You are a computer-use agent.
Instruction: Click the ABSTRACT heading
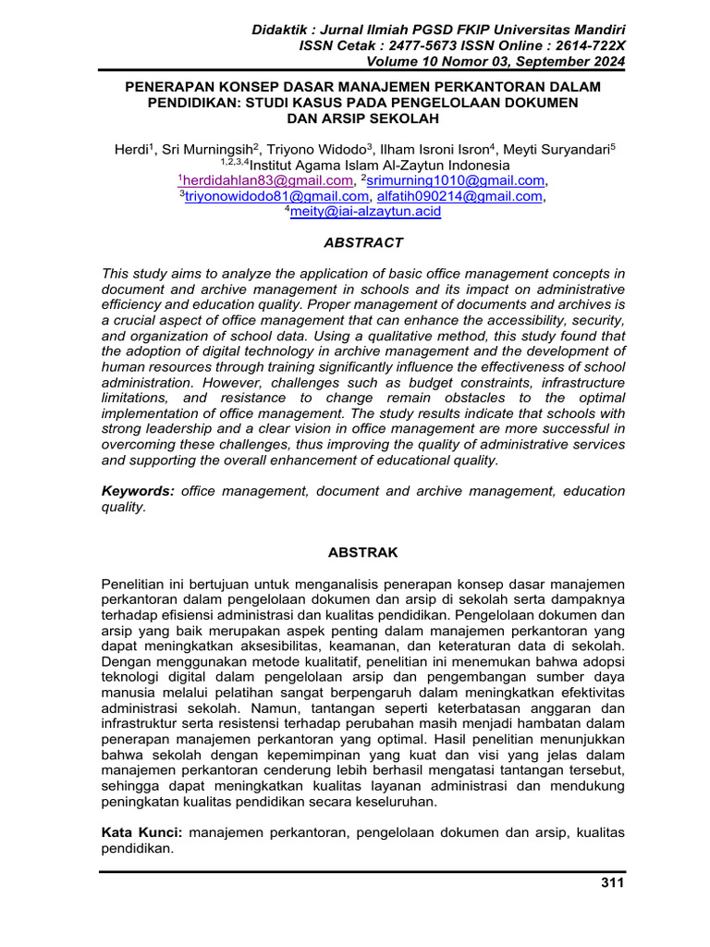[x=362, y=243]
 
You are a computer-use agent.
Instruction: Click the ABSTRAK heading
[x=363, y=552]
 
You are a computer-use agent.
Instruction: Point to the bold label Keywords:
[x=138, y=491]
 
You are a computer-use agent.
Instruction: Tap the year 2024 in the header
[x=606, y=62]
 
